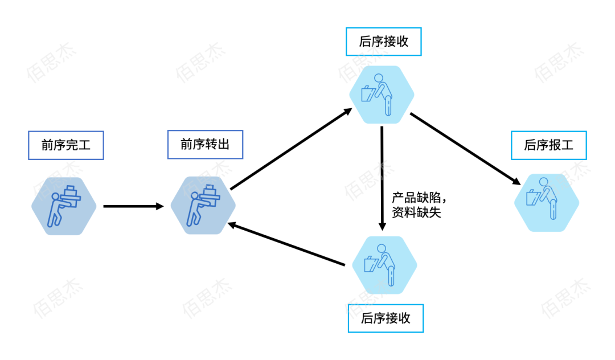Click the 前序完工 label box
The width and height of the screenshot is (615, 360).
pos(66,146)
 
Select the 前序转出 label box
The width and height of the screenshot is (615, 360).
pos(205,145)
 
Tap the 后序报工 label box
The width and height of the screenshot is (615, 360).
pos(549,146)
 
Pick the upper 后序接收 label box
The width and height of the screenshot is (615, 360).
pos(384,42)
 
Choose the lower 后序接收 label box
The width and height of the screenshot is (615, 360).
pos(386,318)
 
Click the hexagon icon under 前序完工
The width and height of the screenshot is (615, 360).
pos(64,206)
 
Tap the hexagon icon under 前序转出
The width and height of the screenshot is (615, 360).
pos(203,205)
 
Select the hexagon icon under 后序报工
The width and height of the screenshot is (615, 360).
pos(547,203)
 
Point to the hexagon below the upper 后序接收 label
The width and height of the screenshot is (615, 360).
pos(382,95)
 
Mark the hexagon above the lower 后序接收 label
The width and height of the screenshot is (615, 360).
pos(385,265)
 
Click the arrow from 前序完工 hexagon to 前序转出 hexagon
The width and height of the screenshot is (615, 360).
pos(133,206)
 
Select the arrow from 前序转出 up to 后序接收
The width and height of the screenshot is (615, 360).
pos(291,149)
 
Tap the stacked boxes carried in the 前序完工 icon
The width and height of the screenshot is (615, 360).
pos(70,193)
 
